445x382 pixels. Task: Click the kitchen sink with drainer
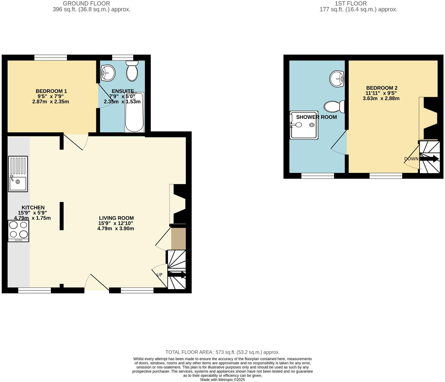18,174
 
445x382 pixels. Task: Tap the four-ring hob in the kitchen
18,231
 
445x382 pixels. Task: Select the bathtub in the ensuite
134,112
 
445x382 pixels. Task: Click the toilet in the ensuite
132,71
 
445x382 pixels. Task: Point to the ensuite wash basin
108,73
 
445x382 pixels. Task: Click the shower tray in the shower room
304,125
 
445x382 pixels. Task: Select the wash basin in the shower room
337,79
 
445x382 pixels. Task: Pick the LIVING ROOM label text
116,218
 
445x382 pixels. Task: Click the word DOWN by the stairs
411,159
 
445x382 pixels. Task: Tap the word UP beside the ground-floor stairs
159,275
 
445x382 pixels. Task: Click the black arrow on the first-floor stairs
429,159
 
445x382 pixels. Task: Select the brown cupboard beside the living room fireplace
178,239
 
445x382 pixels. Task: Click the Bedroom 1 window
51,57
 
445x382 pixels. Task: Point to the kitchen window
35,290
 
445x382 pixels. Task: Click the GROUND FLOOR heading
86,4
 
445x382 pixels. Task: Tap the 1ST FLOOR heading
351,4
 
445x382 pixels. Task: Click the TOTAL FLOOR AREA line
222,352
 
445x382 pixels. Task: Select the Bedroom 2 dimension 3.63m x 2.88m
381,99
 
